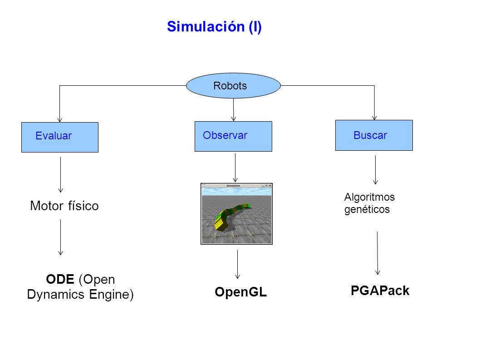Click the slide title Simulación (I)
pos(214,27)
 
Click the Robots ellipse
pos(233,85)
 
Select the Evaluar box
pos(60,137)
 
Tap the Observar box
pos(233,136)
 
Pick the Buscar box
pos(374,135)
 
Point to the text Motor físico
pos(64,206)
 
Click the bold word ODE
pos(60,279)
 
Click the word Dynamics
pos(56,295)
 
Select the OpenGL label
pos(240,292)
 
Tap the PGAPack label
pos(380,291)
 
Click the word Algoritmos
pos(369,197)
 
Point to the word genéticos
pos(367,210)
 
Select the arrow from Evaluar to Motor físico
pos(61,175)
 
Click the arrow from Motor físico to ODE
pos(61,237)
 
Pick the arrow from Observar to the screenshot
pos(235,168)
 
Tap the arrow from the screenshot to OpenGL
pos(238,264)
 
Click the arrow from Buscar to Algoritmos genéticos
pos(375,170)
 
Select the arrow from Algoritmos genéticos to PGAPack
pos(377,253)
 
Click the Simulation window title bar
pos(236,186)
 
